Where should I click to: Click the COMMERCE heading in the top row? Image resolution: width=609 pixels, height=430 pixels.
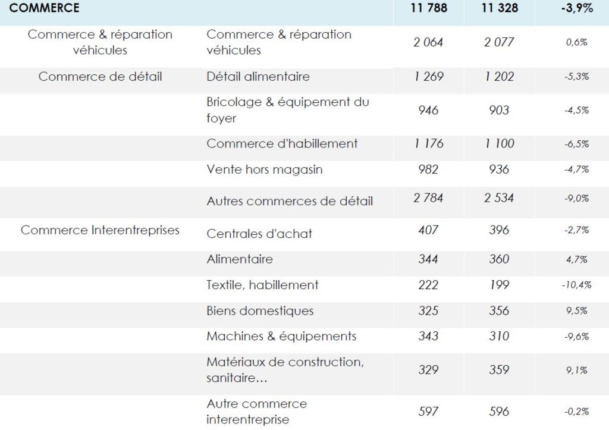(44, 8)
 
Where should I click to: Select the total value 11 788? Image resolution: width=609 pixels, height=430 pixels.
(429, 8)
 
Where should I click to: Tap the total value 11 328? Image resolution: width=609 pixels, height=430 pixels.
(500, 8)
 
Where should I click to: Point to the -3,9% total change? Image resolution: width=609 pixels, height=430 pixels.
(577, 8)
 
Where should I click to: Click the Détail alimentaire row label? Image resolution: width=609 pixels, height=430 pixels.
(258, 77)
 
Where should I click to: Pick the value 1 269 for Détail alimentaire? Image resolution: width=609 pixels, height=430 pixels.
(429, 77)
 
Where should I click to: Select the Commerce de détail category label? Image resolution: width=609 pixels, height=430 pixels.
(100, 77)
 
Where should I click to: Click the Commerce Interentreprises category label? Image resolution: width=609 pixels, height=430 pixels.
(100, 230)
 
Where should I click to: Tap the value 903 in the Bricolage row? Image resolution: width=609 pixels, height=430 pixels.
(499, 110)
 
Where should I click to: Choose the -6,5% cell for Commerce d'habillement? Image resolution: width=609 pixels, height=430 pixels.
(577, 144)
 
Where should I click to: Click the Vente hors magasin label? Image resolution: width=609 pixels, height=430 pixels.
(265, 170)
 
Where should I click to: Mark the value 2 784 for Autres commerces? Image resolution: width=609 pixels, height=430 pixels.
(428, 198)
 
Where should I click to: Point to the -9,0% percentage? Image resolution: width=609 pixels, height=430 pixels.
(577, 199)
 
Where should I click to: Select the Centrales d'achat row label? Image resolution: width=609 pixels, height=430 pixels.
(259, 234)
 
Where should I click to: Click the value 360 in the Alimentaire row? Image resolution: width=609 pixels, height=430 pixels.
(499, 259)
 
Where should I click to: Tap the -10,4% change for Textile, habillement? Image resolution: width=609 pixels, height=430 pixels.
(577, 285)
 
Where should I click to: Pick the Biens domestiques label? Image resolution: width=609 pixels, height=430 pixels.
(260, 310)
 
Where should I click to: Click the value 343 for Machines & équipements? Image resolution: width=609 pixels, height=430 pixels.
(428, 336)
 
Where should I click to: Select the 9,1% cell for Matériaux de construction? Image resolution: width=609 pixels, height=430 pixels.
(577, 370)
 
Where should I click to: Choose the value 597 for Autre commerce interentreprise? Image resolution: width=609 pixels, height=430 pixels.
(428, 412)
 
